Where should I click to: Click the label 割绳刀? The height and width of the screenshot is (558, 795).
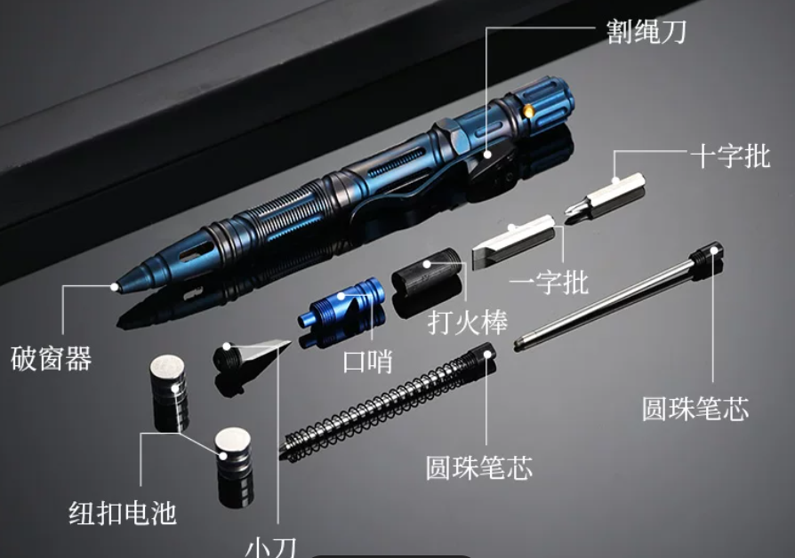(646, 31)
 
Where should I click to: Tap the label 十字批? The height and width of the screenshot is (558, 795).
(731, 155)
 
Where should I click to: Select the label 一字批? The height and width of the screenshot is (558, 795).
(549, 282)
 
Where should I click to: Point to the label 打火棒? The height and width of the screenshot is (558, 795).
(468, 322)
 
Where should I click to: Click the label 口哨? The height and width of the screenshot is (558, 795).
(368, 362)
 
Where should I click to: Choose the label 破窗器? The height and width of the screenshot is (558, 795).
(52, 358)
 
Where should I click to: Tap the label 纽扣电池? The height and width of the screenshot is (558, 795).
(123, 513)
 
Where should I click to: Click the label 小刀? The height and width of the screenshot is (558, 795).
(270, 547)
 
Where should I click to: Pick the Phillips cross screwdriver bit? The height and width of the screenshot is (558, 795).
(605, 196)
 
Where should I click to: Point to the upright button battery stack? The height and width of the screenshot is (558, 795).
(170, 393)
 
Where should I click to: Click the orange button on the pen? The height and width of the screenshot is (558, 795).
(528, 111)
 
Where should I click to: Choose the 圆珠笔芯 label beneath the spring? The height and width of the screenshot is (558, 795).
(479, 467)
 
